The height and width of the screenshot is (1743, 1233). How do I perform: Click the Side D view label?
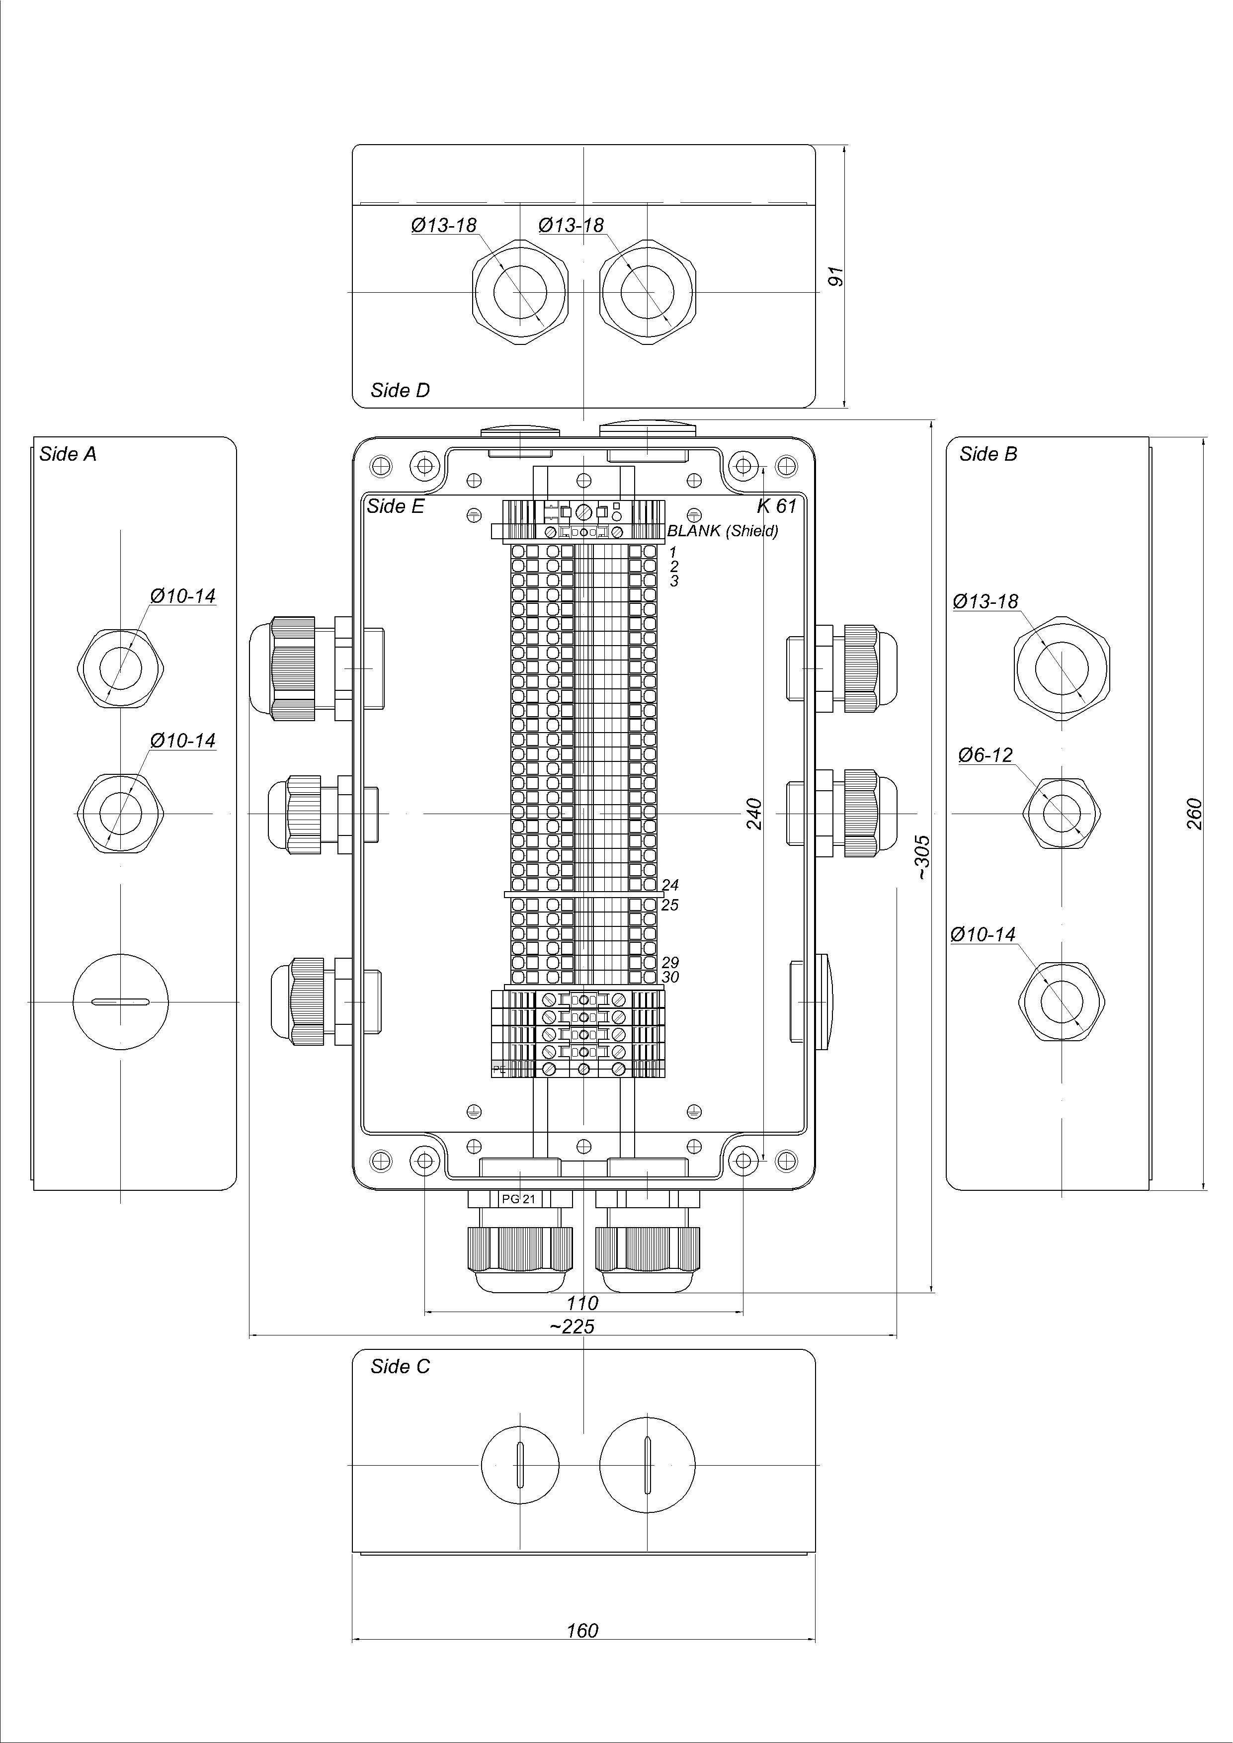coord(400,390)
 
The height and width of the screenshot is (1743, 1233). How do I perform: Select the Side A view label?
coord(68,454)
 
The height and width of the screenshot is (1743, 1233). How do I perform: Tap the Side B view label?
coord(988,454)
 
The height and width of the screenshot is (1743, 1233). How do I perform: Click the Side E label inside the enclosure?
coord(396,506)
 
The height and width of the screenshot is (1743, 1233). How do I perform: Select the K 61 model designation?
coord(776,506)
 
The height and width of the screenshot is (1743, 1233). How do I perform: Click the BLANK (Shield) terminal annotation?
coord(723,531)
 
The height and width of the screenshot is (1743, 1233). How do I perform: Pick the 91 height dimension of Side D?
coord(836,276)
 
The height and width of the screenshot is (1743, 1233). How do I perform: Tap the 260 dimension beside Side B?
coord(1194,814)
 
